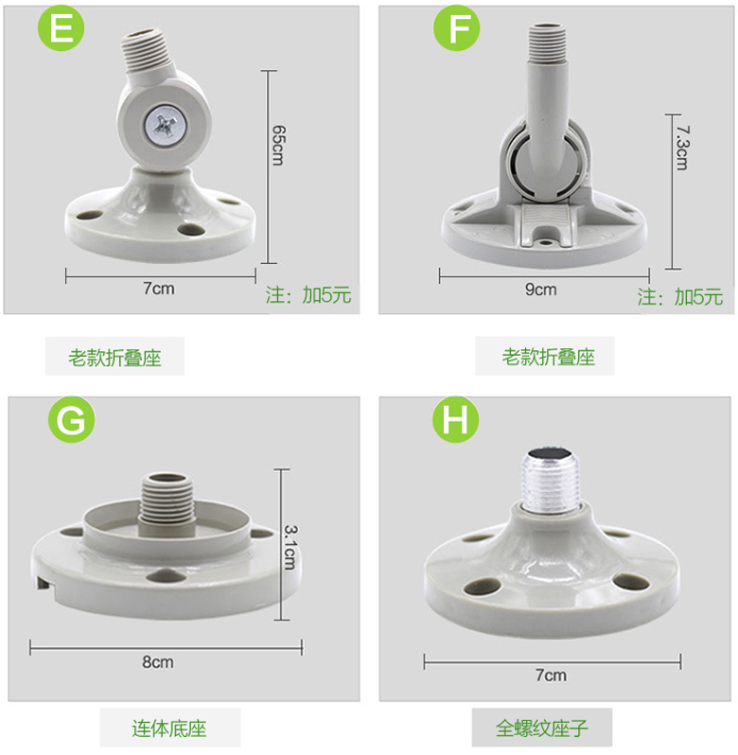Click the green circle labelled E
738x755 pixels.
(x=61, y=27)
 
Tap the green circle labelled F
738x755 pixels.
(x=456, y=27)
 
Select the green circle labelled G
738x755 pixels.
(x=71, y=419)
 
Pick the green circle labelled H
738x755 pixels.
(x=455, y=419)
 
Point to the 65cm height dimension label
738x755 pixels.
(x=279, y=145)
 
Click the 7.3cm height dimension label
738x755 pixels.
(x=682, y=148)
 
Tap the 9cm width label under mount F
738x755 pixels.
(x=540, y=290)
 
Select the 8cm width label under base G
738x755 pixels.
(x=158, y=662)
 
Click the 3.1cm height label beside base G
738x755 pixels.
(x=290, y=547)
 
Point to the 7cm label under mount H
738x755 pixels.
(x=552, y=676)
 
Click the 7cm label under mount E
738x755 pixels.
(x=159, y=289)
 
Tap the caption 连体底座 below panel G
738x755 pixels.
(x=169, y=729)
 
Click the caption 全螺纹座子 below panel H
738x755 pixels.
(x=542, y=729)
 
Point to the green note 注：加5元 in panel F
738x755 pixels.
(x=680, y=297)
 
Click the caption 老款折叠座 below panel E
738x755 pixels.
(x=114, y=358)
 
